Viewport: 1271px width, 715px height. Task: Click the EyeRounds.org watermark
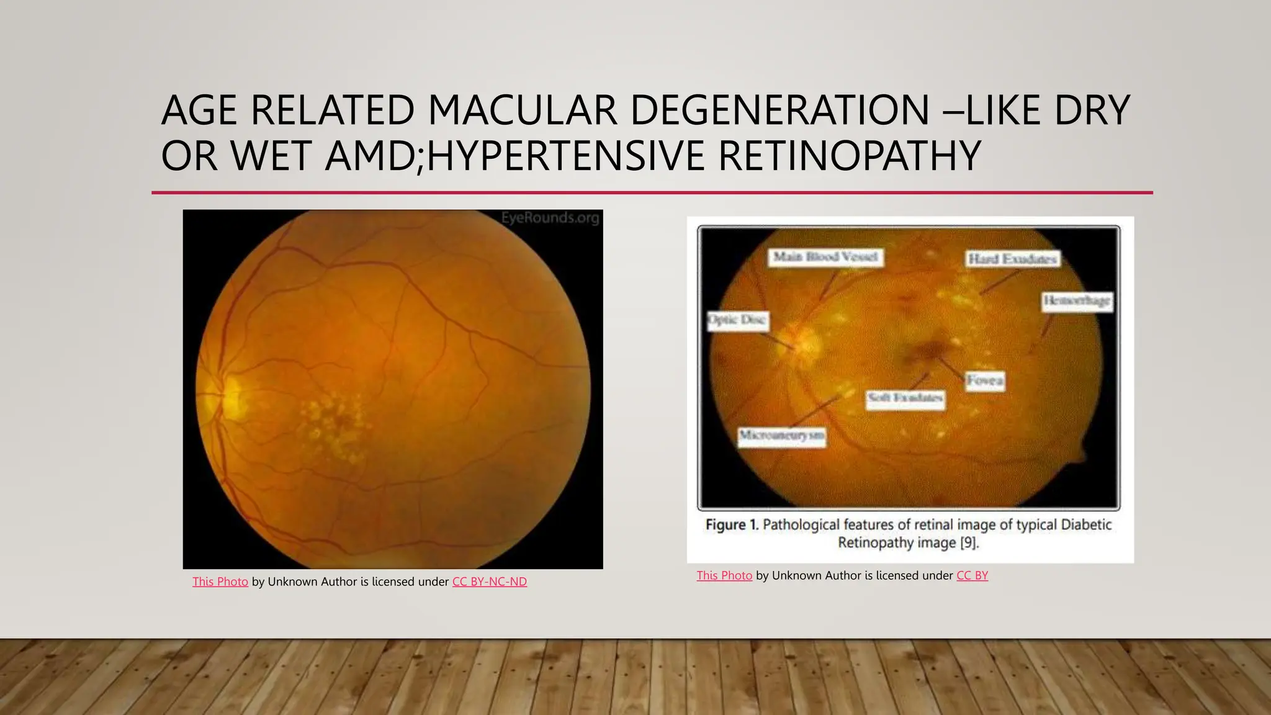550,218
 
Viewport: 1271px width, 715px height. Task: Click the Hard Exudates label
1013,259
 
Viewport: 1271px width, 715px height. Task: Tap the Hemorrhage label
1077,301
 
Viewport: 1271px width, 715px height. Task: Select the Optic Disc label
737,320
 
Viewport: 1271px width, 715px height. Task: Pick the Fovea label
985,380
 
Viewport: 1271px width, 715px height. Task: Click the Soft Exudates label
905,397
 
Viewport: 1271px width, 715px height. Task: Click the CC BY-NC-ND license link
489,582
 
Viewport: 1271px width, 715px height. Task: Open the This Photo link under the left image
220,582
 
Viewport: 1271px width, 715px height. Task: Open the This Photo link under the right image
724,575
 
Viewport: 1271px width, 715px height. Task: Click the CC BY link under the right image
972,575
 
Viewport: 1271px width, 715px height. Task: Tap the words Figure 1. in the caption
732,525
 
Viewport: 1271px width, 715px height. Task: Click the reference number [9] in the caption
968,543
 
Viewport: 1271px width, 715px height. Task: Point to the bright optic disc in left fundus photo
231,395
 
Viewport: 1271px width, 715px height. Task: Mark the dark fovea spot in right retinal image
928,351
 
